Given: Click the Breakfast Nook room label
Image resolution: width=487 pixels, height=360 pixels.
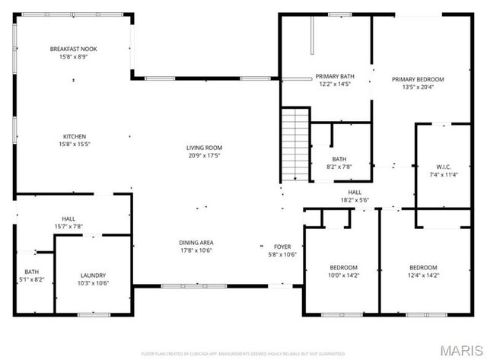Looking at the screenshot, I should [x=74, y=49].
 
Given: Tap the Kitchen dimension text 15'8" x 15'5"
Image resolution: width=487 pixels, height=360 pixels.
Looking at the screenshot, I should [x=74, y=145].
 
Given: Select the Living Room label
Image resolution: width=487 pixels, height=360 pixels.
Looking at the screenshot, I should [x=204, y=148].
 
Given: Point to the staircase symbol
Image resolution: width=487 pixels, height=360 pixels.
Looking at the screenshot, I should [x=294, y=145].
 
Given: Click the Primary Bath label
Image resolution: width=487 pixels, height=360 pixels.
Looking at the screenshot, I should [x=335, y=76].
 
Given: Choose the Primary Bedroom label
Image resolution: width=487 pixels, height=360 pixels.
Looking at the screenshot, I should [x=418, y=78].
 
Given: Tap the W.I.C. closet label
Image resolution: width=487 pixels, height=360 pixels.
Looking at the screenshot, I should [x=444, y=167].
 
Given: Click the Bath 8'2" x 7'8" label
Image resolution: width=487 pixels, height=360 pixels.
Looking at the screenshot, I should [x=339, y=159].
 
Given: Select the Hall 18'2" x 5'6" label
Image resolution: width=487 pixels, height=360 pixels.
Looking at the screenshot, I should [x=355, y=193].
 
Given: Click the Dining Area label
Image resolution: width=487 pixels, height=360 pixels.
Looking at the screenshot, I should [x=196, y=242].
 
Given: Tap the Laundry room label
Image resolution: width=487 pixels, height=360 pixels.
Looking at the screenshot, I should [x=93, y=275].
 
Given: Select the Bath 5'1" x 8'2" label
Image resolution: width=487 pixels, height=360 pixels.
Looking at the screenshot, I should [x=31, y=272].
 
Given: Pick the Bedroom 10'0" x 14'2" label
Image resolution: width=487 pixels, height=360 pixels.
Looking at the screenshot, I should [x=343, y=267].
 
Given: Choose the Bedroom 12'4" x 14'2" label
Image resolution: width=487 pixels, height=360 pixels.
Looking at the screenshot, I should [x=423, y=267].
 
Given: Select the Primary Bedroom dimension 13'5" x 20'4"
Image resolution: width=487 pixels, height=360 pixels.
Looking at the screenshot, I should [x=418, y=87].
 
